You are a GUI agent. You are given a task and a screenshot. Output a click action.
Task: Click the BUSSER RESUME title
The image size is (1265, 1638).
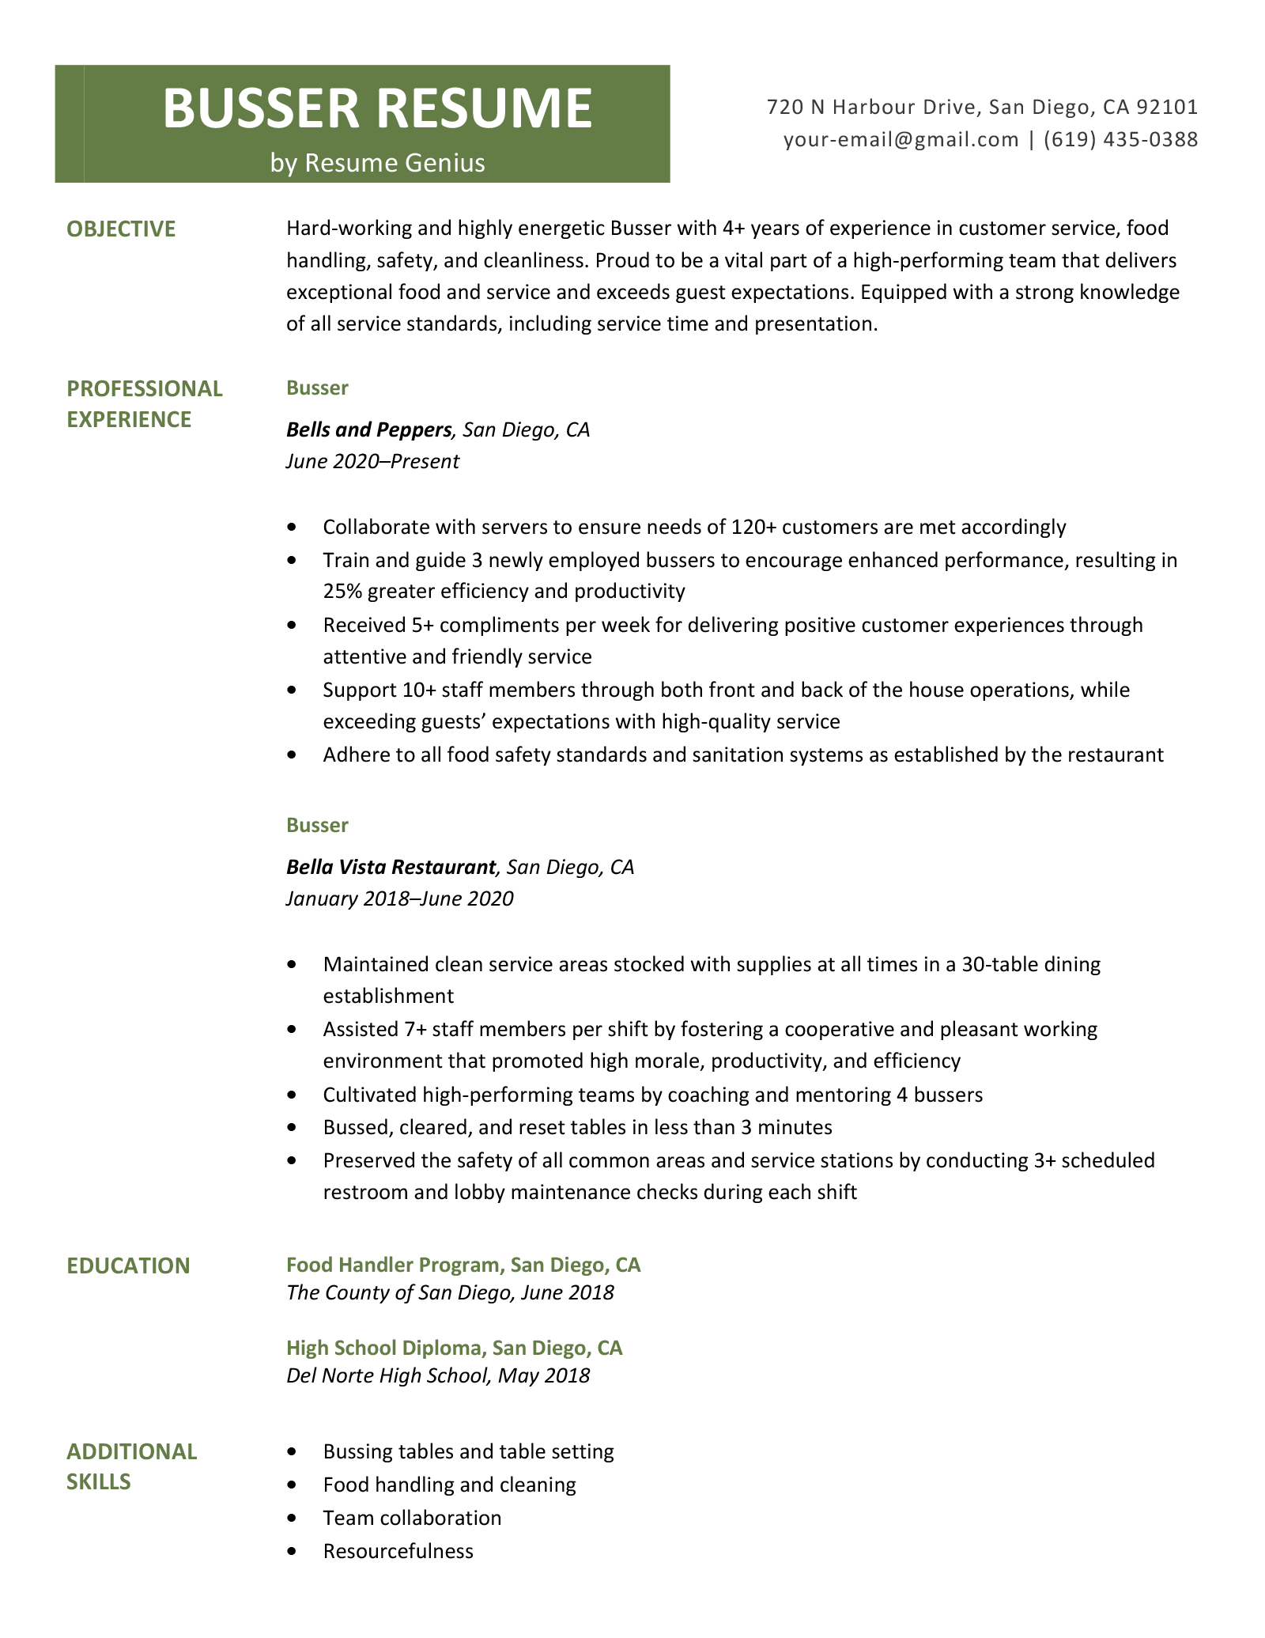coord(377,108)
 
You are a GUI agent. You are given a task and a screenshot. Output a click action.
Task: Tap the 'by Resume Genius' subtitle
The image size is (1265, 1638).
coord(377,163)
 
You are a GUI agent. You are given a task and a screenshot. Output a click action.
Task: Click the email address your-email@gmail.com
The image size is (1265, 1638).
coord(901,140)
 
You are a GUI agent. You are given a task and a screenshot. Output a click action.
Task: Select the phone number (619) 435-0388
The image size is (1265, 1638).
coord(1120,140)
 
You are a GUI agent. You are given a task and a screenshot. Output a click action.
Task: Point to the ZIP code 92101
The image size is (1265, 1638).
coord(1167,107)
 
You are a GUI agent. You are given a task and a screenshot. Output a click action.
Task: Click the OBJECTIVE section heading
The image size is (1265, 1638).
coord(121,229)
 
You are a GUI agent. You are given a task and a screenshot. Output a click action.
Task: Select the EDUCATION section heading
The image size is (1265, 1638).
coord(128,1265)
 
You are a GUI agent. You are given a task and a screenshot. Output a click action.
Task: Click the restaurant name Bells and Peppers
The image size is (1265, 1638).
coord(368,429)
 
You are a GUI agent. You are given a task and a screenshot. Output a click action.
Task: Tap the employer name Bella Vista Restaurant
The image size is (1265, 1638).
coord(391,867)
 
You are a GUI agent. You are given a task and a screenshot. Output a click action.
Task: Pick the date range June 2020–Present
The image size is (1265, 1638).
coord(372,461)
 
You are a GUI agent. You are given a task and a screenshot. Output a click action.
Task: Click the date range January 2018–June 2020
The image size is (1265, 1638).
coord(399,898)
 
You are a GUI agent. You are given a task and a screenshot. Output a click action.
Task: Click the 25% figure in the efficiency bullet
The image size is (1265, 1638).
coord(342,591)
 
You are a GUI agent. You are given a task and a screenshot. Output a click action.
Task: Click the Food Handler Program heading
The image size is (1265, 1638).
coord(463,1265)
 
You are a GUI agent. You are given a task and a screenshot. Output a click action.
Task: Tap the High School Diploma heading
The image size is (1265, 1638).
coord(454,1348)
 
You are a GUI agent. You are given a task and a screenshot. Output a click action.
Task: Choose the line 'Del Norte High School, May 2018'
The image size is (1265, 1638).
coord(438,1375)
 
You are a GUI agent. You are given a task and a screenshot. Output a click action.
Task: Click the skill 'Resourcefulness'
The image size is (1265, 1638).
coord(398,1551)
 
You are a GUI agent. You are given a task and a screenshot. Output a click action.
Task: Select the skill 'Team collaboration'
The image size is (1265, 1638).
coord(412,1518)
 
